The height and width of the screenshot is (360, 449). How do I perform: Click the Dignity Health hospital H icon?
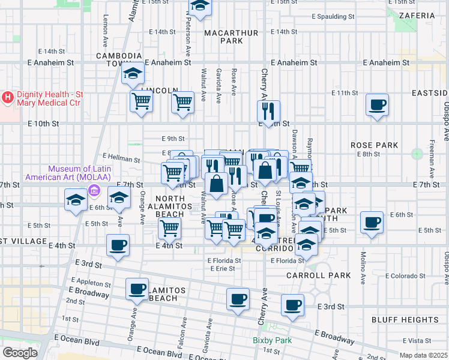click(8, 97)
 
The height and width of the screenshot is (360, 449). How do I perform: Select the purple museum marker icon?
click(94, 191)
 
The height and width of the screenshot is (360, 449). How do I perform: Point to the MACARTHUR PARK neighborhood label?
click(223, 36)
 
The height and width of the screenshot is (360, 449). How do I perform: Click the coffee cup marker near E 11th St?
click(377, 106)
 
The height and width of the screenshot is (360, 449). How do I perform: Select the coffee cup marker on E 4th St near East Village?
click(118, 245)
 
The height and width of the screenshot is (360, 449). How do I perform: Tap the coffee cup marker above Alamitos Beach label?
click(137, 289)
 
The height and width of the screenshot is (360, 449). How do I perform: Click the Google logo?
click(20, 353)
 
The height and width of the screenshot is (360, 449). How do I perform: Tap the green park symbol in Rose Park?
click(417, 154)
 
